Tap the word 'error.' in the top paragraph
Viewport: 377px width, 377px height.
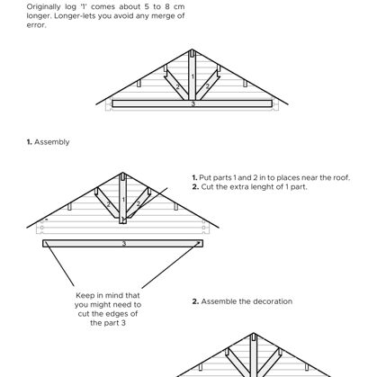coord(36,25)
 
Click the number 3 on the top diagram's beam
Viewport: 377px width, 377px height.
coord(193,103)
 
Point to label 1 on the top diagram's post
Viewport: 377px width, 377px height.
coord(193,76)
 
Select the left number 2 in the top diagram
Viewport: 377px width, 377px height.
coord(177,87)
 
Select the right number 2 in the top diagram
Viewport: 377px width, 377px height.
coord(207,86)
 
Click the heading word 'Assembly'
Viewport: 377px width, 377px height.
coord(52,142)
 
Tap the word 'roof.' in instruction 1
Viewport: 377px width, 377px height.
coord(342,177)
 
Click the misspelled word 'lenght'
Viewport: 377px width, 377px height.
coord(270,187)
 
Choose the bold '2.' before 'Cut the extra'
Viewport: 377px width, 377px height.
coord(195,187)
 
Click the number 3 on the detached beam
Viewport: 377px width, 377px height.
coord(124,244)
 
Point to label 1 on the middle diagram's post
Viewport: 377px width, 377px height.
coord(123,200)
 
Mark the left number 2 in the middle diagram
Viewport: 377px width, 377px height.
coord(108,204)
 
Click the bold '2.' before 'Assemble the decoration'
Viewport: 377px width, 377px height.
coord(195,301)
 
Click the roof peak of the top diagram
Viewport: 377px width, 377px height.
coord(193,49)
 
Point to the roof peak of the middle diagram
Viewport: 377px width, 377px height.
coord(123,173)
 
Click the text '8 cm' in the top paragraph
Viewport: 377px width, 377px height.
coord(175,6)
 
